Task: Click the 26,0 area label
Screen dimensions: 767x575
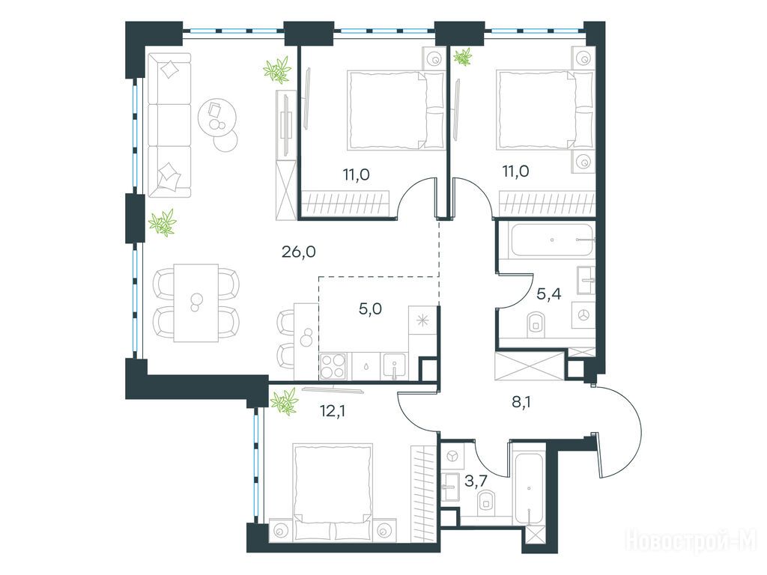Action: pos(298,252)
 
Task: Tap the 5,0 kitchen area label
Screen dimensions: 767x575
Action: pos(370,309)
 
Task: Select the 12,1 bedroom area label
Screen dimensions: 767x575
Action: pos(333,411)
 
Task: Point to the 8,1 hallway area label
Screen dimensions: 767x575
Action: pos(521,402)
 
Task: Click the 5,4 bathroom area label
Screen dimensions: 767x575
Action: pos(549,293)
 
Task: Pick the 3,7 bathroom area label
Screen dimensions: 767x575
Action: pos(476,481)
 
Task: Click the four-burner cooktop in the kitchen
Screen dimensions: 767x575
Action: pos(333,366)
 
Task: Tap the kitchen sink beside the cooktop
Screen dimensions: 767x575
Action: pos(395,366)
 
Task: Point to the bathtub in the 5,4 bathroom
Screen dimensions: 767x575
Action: pos(553,240)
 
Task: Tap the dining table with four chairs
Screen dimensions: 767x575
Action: pos(196,302)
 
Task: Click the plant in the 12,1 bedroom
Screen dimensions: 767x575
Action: pos(284,401)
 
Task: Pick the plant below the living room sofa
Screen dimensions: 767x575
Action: pos(163,223)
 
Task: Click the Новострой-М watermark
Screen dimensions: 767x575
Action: pos(691,541)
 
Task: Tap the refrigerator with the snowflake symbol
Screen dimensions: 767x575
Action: pos(422,320)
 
